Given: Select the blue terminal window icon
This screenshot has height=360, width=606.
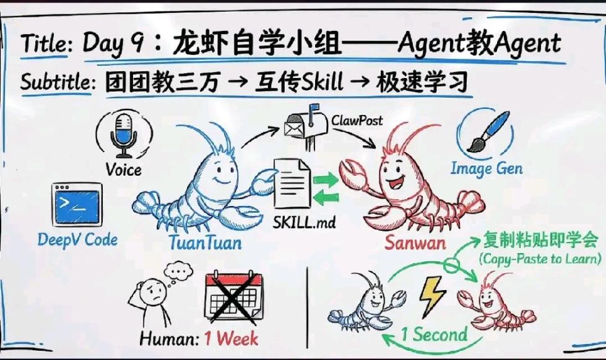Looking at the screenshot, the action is tap(77, 204).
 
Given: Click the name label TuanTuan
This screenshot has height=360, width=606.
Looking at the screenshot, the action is tap(205, 242).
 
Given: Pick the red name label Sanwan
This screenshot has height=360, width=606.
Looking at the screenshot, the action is tap(415, 242).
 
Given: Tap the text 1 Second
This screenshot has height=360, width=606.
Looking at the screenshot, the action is tap(433, 335).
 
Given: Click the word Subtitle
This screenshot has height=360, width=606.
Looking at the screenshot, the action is tap(56, 82).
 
